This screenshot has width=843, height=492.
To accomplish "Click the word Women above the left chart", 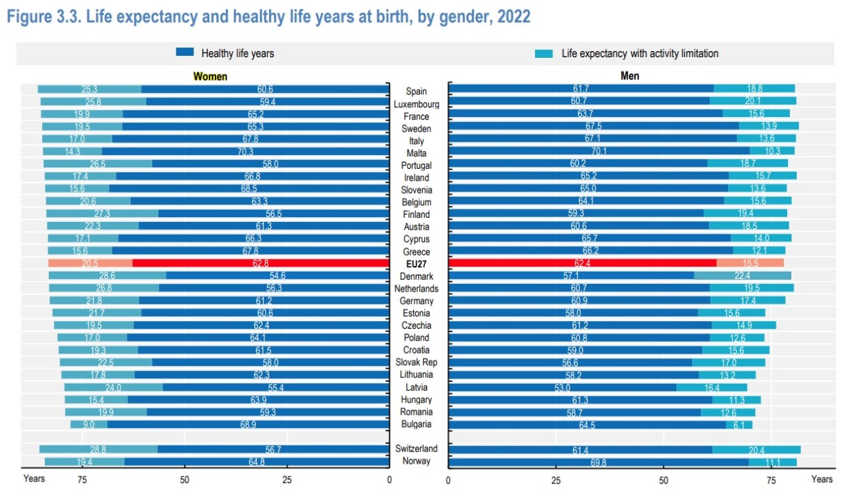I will click(x=210, y=76).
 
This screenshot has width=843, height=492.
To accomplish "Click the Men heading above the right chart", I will click(x=630, y=76).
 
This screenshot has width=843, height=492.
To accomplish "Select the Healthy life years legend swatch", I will click(x=185, y=52).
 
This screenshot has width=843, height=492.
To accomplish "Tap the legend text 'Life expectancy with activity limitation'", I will click(x=640, y=53).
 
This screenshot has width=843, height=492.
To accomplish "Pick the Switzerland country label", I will click(x=416, y=449).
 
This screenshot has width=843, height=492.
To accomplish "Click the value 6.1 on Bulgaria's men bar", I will click(x=738, y=424).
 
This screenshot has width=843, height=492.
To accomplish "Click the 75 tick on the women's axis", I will click(x=81, y=480).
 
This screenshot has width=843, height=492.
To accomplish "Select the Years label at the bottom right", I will click(x=822, y=479).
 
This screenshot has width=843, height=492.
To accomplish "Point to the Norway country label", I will click(x=416, y=461).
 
